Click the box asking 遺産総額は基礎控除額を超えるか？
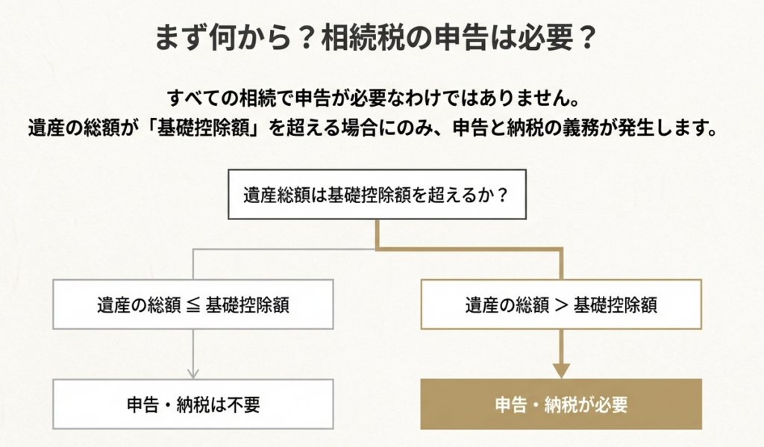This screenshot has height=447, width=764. (x=375, y=196)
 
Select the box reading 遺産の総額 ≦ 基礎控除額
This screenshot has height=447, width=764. (x=193, y=304)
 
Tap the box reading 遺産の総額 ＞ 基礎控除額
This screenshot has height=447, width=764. (x=561, y=304)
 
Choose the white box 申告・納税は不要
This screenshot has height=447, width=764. (x=193, y=404)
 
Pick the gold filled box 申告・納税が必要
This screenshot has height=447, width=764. (x=561, y=404)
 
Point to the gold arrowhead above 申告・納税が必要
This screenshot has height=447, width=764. (x=561, y=370)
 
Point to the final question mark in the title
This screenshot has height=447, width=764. (x=586, y=38)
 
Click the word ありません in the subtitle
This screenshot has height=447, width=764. (x=544, y=98)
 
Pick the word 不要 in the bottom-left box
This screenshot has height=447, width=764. (x=242, y=404)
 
